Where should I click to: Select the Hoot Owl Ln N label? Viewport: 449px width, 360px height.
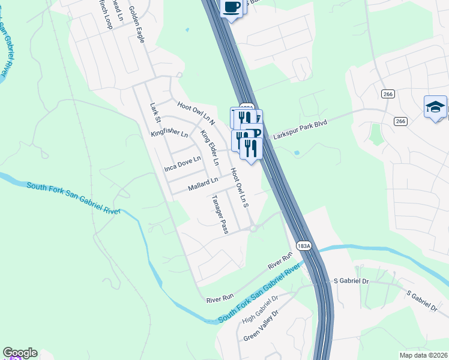click(196, 113)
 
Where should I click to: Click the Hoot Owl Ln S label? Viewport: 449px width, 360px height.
click(240, 188)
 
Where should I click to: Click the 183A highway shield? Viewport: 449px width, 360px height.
click(303, 246)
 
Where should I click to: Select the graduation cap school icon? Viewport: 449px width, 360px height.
click(435, 107)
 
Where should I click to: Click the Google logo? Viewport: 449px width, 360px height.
click(20, 353)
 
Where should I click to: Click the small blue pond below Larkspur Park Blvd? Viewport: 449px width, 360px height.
click(297, 152)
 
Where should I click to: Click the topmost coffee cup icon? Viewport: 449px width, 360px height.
click(232, 7)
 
